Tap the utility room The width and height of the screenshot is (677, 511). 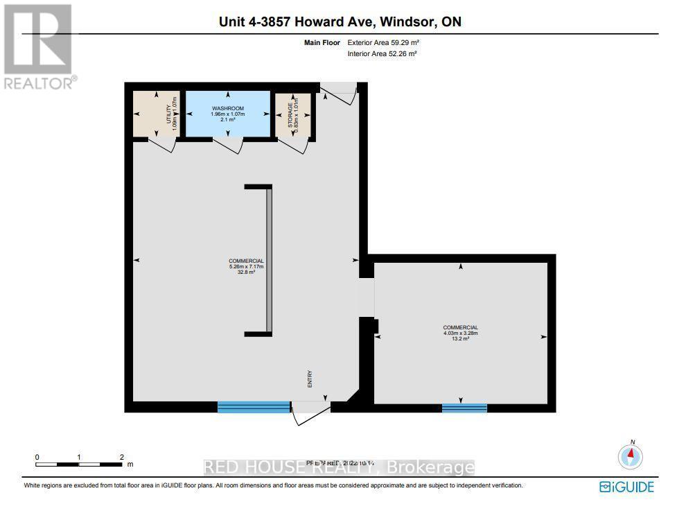point(156,114)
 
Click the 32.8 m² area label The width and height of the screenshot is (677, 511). point(247,272)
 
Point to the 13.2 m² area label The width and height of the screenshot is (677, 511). point(460,339)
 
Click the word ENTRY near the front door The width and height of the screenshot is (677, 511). point(310,379)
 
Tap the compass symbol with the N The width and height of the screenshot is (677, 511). point(631,456)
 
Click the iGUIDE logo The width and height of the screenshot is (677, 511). point(626,487)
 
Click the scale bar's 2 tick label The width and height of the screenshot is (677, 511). point(121,457)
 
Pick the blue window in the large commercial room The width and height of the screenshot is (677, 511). point(254,407)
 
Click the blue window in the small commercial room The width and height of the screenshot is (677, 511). point(464,408)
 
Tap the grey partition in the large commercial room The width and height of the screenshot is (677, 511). point(269,261)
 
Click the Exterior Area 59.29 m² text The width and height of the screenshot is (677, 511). point(383,42)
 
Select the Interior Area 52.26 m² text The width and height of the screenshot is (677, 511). point(382,53)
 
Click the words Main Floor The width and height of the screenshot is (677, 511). point(322,42)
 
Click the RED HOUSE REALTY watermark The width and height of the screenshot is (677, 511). point(340,468)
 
